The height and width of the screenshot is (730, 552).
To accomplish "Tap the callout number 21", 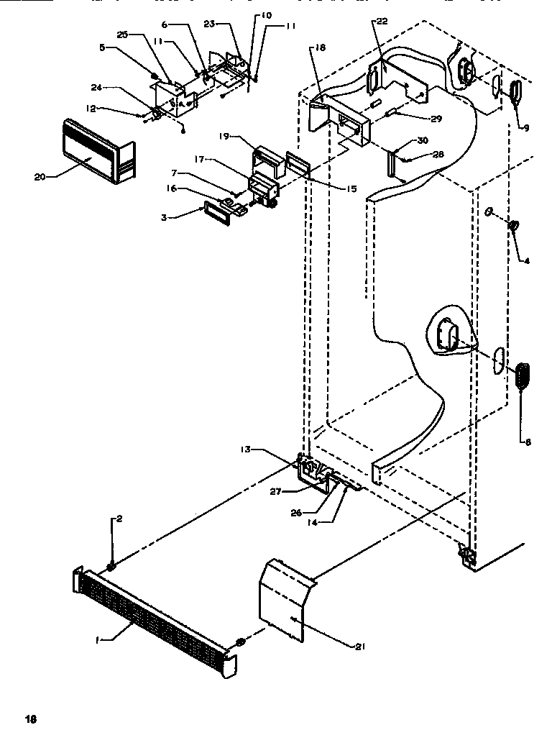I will (359, 647).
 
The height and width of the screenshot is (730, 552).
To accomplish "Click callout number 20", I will (40, 175).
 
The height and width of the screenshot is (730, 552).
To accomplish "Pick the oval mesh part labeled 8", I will (523, 376).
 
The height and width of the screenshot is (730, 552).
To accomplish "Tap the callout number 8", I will (528, 442).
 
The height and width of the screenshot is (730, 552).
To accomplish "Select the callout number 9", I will (525, 128).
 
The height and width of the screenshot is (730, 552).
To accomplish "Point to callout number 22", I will (382, 22).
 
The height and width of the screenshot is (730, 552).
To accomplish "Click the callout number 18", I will (319, 47).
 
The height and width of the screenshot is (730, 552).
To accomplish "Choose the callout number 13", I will (247, 449).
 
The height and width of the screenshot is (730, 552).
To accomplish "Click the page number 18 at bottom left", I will (30, 718).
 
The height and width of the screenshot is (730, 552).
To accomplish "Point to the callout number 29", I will (436, 118).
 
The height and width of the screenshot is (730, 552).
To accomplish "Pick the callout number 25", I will (123, 35).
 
